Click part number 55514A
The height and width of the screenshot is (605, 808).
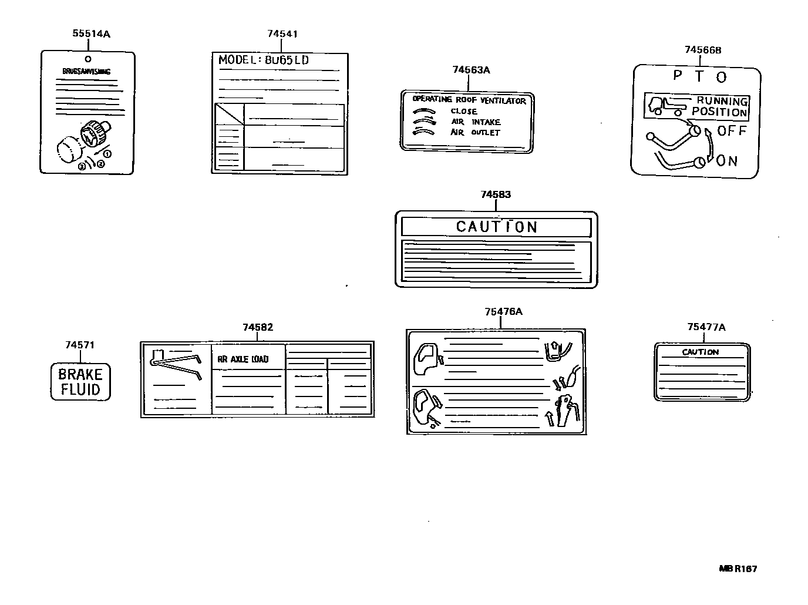click(x=91, y=33)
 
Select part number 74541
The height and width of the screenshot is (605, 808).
click(x=282, y=33)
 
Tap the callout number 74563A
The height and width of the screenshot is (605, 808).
click(x=471, y=70)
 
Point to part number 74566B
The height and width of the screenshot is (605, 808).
click(x=703, y=50)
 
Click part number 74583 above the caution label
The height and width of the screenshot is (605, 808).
click(x=496, y=194)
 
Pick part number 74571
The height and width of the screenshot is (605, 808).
click(x=80, y=345)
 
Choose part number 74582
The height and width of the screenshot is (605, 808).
click(x=258, y=327)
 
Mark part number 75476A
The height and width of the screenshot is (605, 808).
click(x=503, y=311)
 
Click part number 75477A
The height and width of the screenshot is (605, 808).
click(x=706, y=327)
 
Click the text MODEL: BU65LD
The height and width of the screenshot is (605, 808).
click(x=264, y=60)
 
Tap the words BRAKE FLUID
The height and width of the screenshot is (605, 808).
click(x=80, y=382)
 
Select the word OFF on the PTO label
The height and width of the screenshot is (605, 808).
click(x=732, y=131)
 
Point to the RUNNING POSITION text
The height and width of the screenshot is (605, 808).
click(x=720, y=106)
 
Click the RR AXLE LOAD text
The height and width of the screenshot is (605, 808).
click(x=243, y=359)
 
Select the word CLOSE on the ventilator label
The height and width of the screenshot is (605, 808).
click(x=464, y=111)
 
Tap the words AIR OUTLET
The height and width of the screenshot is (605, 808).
click(x=475, y=133)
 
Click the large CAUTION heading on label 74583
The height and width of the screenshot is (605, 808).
click(x=497, y=227)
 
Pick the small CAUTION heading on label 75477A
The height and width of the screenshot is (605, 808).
click(x=700, y=352)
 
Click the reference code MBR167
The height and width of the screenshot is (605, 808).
click(x=738, y=569)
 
